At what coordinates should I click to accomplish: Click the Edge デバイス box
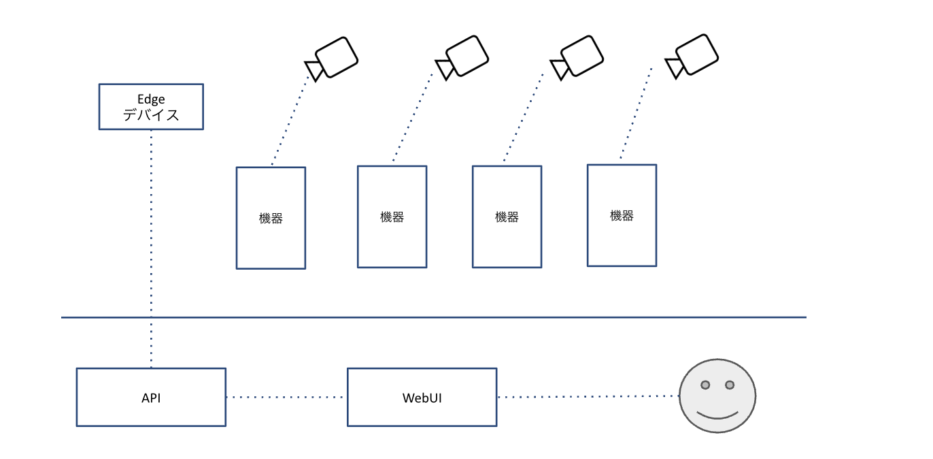tap(151, 107)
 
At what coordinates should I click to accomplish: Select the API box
tap(151, 397)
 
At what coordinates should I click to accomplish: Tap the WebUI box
tap(422, 397)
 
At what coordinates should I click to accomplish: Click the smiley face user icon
tap(717, 396)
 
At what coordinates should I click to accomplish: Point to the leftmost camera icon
tap(332, 59)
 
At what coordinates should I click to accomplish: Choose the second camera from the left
tap(462, 58)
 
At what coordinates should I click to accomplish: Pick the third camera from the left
tap(577, 58)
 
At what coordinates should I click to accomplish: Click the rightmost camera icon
tap(692, 57)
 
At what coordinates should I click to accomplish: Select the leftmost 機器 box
tap(271, 218)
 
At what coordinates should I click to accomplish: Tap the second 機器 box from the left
tap(392, 217)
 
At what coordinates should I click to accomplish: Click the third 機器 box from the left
tap(507, 217)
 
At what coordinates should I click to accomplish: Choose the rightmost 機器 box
tap(622, 215)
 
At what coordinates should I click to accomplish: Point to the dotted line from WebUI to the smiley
tap(588, 396)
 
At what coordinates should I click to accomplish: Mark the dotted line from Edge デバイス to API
tap(151, 249)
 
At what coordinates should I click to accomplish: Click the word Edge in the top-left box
tap(151, 99)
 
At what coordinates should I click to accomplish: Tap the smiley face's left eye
tap(705, 385)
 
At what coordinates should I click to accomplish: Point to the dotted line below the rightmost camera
tap(636, 112)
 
